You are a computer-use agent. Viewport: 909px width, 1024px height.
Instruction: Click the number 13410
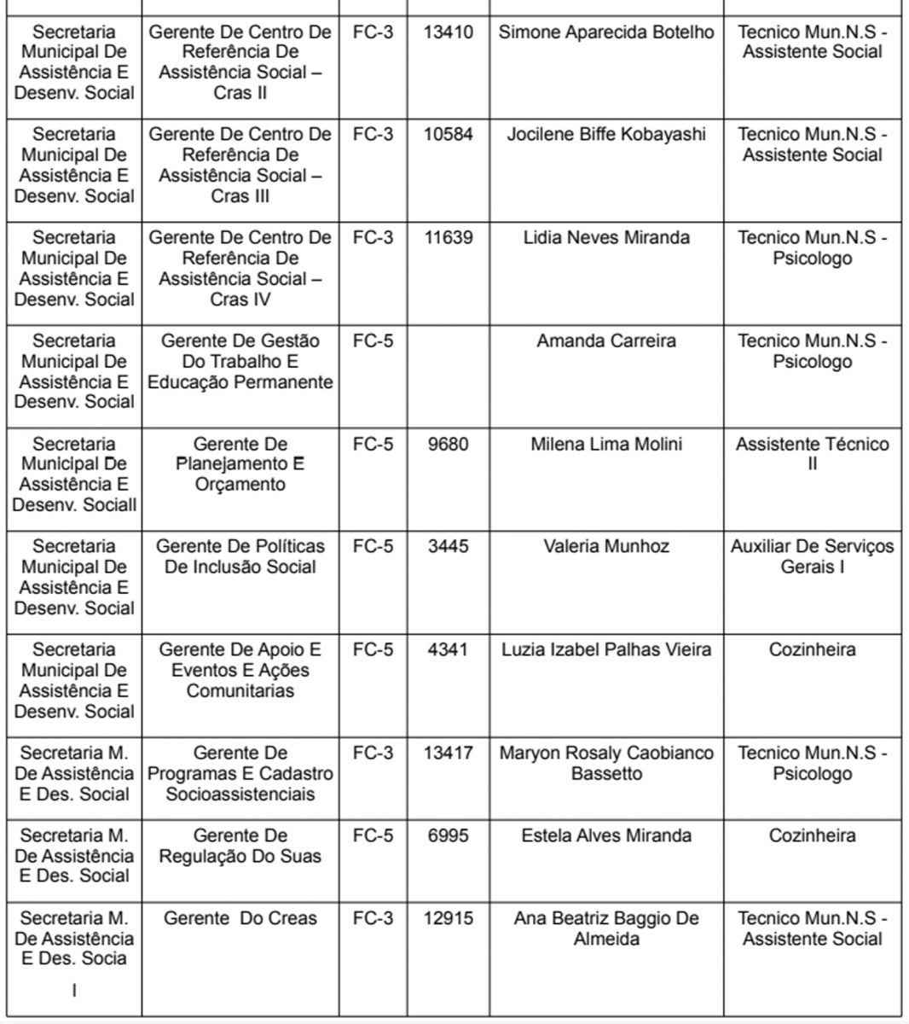[x=448, y=32]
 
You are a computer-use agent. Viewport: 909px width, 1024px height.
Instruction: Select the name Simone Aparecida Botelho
[x=606, y=32]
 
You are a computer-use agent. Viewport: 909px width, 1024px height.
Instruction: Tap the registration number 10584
[x=448, y=135]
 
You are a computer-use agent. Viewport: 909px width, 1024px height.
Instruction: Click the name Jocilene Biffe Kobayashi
[x=606, y=135]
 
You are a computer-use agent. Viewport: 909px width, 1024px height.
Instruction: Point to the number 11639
[x=448, y=238]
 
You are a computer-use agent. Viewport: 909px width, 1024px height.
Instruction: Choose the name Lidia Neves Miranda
[x=606, y=238]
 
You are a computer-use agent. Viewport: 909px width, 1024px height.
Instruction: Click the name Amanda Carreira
[x=606, y=341]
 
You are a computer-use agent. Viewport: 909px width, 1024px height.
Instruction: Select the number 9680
[x=448, y=445]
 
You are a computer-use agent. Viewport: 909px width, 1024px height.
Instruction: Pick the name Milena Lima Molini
[x=606, y=445]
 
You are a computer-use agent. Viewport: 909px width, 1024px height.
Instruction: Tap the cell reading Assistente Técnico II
[x=812, y=454]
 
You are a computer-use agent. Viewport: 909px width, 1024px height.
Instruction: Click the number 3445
[x=448, y=547]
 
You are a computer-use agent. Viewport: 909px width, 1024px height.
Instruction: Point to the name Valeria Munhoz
[x=606, y=547]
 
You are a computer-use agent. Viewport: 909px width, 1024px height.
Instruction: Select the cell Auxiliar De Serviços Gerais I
[x=812, y=556]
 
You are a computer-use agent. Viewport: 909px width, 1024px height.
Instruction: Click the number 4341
[x=448, y=650]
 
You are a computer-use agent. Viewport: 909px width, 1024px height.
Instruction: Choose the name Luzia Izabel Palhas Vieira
[x=606, y=650]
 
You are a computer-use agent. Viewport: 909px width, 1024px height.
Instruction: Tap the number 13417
[x=448, y=753]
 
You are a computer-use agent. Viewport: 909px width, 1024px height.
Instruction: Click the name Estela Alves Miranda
[x=606, y=836]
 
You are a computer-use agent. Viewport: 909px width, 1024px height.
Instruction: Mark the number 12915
[x=448, y=919]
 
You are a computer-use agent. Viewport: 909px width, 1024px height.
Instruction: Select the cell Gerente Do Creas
[x=240, y=919]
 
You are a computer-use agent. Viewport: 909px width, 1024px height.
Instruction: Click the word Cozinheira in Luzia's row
[x=812, y=650]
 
